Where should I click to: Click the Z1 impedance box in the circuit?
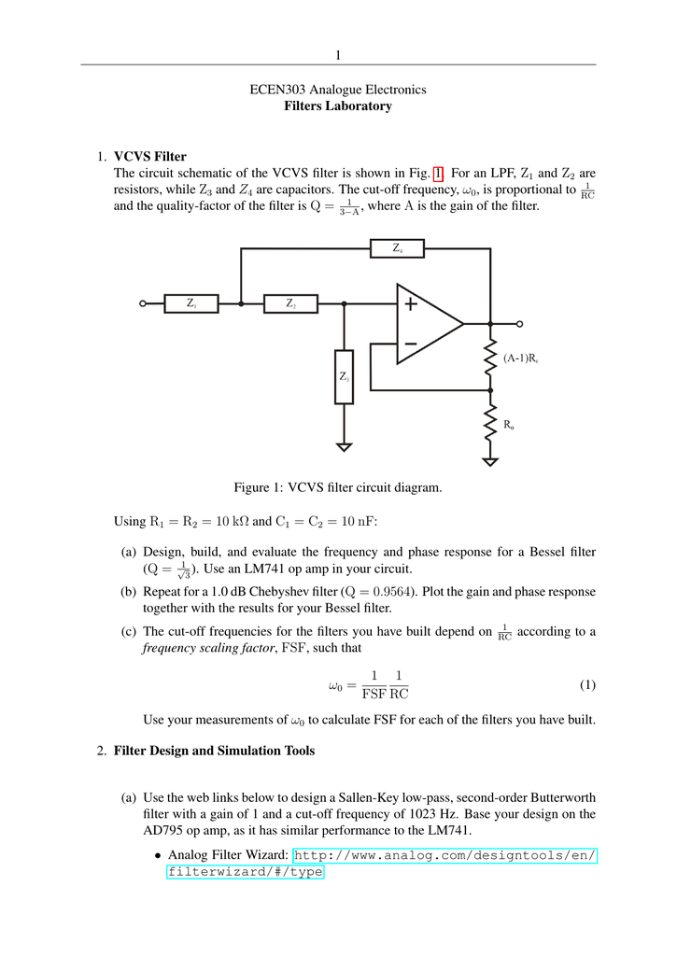191,303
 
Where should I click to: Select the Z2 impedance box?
290,303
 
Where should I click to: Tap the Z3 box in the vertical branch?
345,377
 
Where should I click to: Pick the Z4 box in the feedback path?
397,248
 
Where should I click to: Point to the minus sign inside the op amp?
411,345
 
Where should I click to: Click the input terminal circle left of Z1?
143,303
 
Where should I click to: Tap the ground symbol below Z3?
345,446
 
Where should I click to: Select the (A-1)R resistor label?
520,358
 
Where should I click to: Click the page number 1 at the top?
338,54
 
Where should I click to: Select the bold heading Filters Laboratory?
338,106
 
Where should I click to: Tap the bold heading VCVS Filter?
150,156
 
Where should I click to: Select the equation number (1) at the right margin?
586,685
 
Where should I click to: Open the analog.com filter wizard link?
445,856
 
